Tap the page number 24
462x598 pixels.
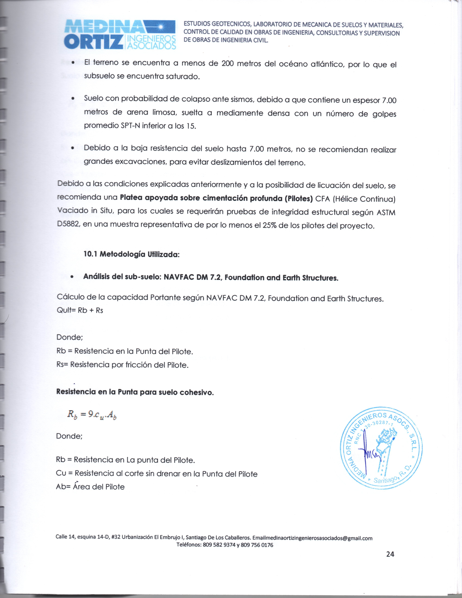click(x=390, y=554)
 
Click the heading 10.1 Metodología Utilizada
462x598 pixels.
click(x=131, y=254)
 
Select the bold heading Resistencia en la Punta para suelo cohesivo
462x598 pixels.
click(x=135, y=392)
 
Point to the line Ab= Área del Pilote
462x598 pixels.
click(x=90, y=487)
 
